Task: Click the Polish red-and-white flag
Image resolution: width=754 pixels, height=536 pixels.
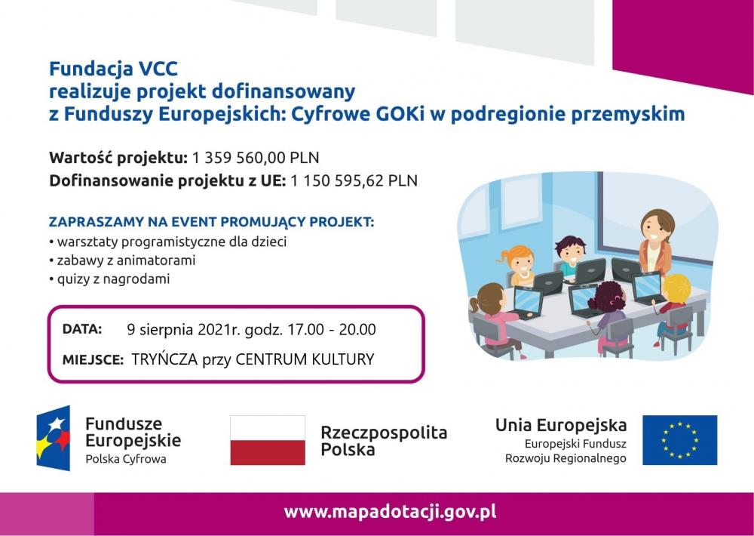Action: (268, 440)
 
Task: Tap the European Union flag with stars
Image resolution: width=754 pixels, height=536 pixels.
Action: (679, 440)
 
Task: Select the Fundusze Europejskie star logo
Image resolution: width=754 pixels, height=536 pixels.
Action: (54, 439)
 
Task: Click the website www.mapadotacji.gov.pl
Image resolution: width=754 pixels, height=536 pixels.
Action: (390, 511)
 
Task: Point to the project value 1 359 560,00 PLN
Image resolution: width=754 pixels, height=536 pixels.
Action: (256, 158)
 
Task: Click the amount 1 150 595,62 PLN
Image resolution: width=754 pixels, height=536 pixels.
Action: (354, 180)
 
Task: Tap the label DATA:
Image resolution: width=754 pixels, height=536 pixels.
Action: (82, 329)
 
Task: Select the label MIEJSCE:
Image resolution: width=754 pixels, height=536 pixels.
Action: (93, 360)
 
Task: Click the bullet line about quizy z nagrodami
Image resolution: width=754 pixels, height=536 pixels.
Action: (109, 279)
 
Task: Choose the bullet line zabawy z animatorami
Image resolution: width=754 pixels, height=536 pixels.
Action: (122, 260)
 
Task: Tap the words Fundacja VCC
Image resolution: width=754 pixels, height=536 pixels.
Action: (114, 69)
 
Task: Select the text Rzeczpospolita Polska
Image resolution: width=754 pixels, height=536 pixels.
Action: (384, 441)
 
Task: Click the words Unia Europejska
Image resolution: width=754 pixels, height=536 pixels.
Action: (561, 425)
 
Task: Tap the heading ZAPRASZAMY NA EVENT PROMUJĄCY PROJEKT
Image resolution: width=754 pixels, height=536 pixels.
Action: (212, 222)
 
